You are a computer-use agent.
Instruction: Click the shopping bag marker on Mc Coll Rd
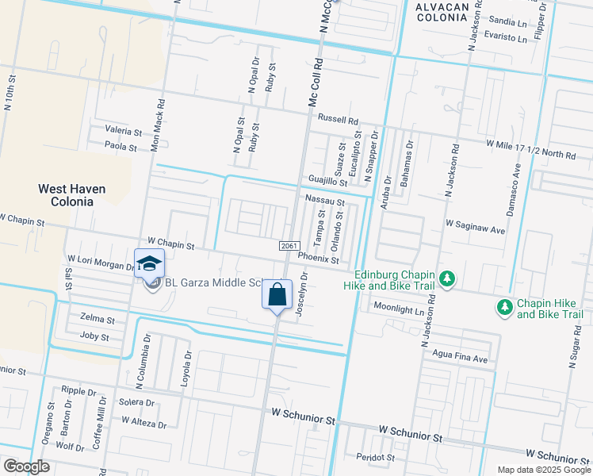point(277,295)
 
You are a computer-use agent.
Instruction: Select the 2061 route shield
point(289,247)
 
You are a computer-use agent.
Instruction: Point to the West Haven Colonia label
point(72,195)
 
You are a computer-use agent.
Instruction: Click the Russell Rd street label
point(338,119)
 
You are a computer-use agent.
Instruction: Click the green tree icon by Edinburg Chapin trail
point(448,278)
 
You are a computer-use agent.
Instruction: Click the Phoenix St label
point(319,259)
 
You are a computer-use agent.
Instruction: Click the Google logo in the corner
point(26,466)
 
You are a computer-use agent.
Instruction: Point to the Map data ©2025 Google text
point(543,470)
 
